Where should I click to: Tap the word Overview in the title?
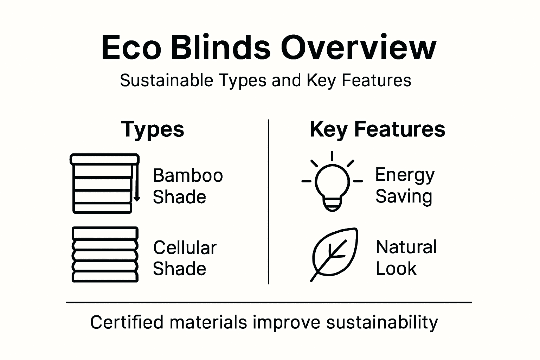coord(358,48)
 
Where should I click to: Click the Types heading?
coord(153,129)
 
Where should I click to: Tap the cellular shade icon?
coord(105,255)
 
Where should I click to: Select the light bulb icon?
coord(332,183)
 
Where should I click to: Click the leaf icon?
coord(334,254)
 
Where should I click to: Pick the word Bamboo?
coord(188,175)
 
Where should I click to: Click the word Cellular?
coord(185,247)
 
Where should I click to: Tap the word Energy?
coord(405,175)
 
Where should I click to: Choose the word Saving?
coord(404,196)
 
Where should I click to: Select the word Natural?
coord(406,247)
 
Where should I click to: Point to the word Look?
coord(396,269)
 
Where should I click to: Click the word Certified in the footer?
coord(127,322)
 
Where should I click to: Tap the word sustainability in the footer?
coord(382,323)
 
